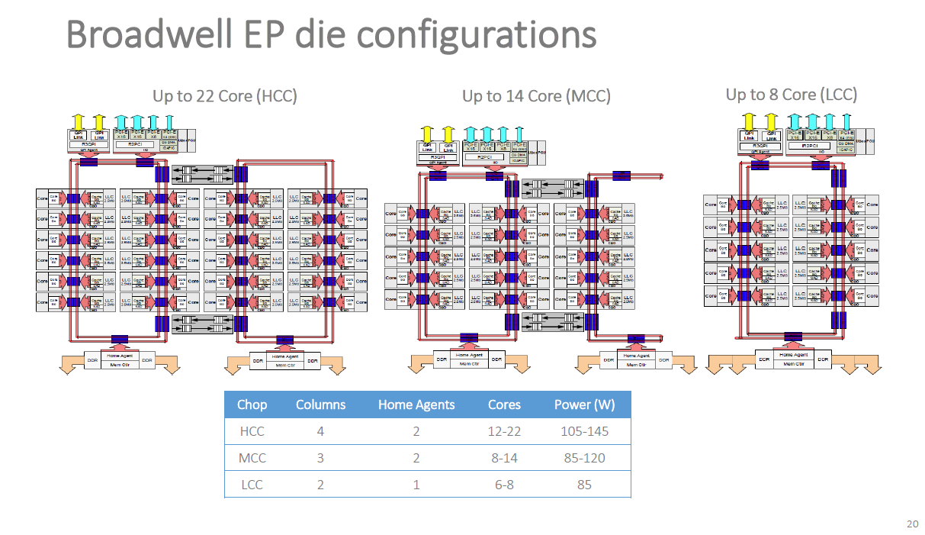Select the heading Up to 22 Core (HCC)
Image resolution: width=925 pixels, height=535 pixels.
tap(225, 97)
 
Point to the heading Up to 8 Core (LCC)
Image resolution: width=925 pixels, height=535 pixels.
tap(791, 95)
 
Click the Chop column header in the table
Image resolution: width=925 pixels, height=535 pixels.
tap(252, 405)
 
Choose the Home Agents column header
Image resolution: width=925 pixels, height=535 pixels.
tap(416, 405)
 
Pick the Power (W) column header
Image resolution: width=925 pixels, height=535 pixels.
tap(584, 405)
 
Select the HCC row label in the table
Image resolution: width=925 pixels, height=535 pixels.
tap(252, 431)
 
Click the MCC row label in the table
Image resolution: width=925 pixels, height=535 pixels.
tap(252, 458)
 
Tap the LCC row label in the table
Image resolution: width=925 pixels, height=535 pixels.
tap(252, 485)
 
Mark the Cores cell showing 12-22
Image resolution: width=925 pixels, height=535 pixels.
tap(504, 431)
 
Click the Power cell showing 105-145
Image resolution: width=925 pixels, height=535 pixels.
tap(584, 431)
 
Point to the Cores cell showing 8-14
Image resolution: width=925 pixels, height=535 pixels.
tap(504, 458)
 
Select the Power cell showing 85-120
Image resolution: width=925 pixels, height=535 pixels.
tap(584, 458)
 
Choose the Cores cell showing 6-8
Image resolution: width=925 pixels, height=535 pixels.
tap(504, 485)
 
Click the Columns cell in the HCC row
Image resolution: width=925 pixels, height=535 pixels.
tap(320, 431)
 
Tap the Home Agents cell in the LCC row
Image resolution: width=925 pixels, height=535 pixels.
tap(416, 485)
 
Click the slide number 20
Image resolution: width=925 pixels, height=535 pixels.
tap(912, 524)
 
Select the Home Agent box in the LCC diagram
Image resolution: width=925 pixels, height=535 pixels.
tap(793, 355)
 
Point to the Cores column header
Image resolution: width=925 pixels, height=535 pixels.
tap(504, 405)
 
